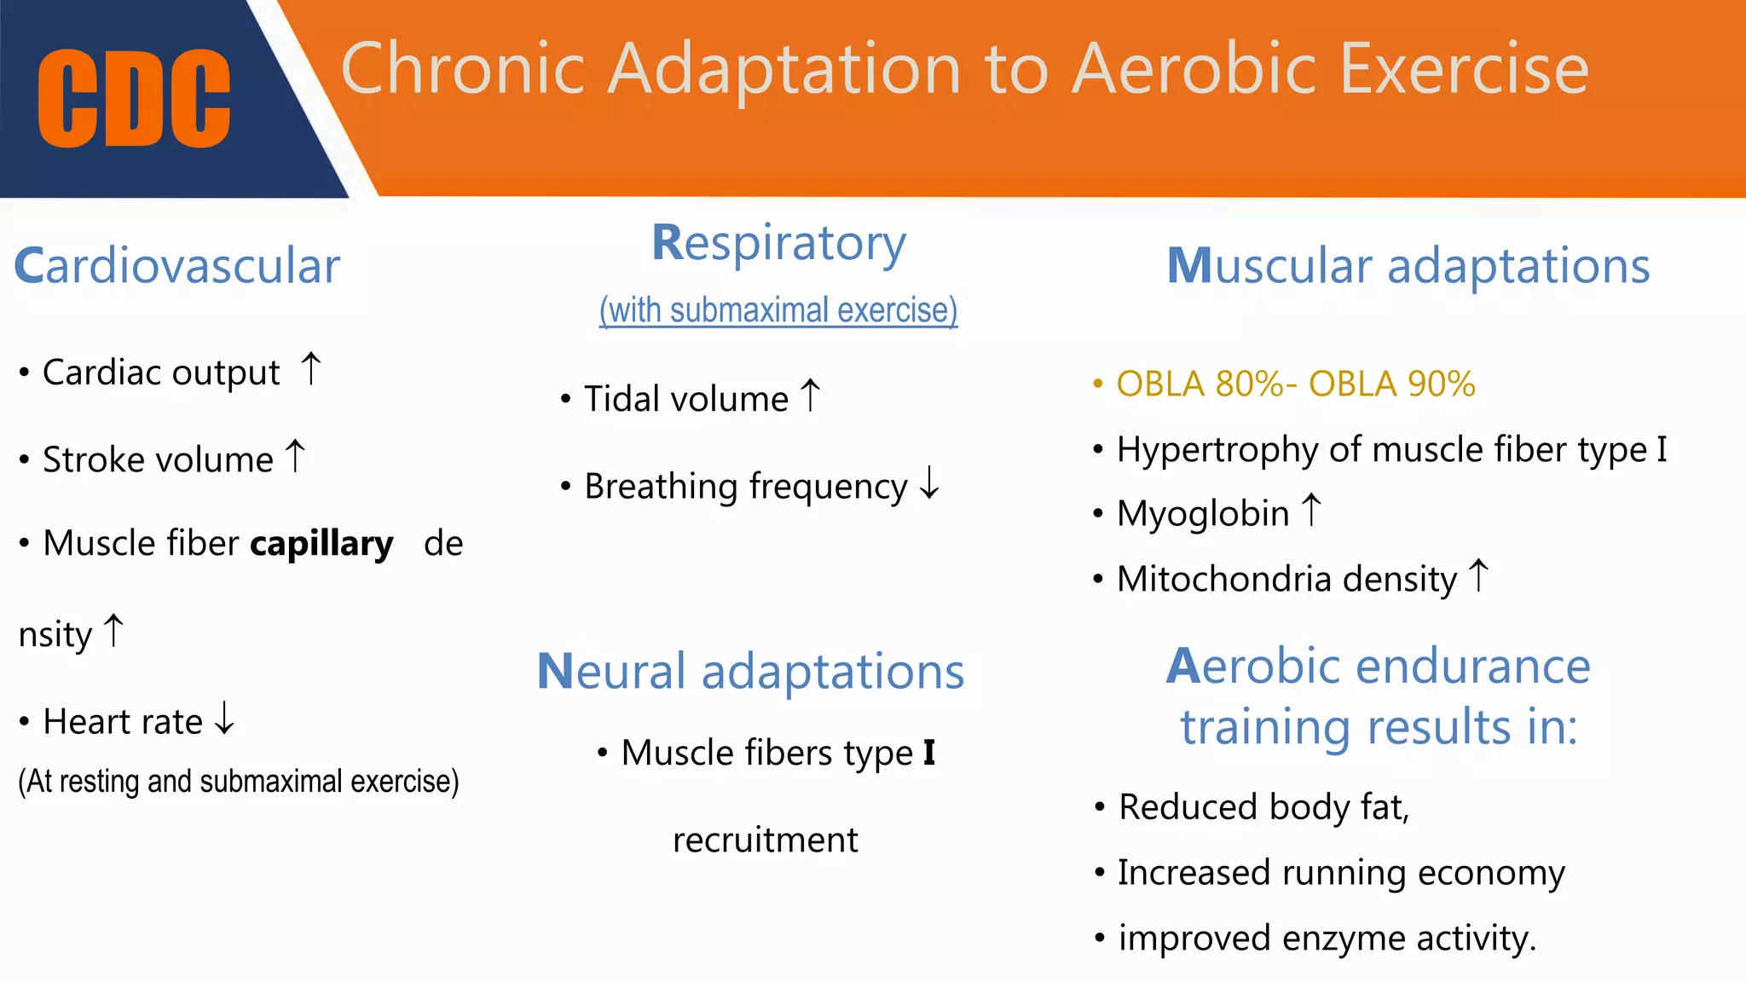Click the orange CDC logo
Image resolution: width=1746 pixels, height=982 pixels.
click(x=134, y=98)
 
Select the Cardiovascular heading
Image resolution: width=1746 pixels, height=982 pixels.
click(x=177, y=266)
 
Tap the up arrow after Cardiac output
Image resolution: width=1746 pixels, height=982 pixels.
click(x=311, y=370)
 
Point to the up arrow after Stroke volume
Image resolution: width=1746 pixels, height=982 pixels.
click(x=295, y=456)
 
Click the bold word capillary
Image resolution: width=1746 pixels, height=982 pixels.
click(x=321, y=544)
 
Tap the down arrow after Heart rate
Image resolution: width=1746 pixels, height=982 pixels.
click(x=224, y=718)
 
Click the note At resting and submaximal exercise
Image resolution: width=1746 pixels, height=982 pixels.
click(x=239, y=782)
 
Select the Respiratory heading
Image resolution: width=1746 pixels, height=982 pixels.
click(x=778, y=243)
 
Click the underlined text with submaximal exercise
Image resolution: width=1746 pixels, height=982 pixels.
click(x=778, y=310)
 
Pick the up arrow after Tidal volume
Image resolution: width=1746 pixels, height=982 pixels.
click(x=810, y=396)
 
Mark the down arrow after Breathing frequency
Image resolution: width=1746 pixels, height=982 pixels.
click(x=929, y=483)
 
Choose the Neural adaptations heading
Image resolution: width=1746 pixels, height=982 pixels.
click(x=750, y=672)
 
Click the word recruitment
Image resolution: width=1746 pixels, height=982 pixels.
click(x=765, y=840)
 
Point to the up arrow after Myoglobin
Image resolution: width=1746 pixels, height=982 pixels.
click(x=1311, y=511)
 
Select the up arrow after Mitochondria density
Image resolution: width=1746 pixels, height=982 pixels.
click(x=1478, y=576)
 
